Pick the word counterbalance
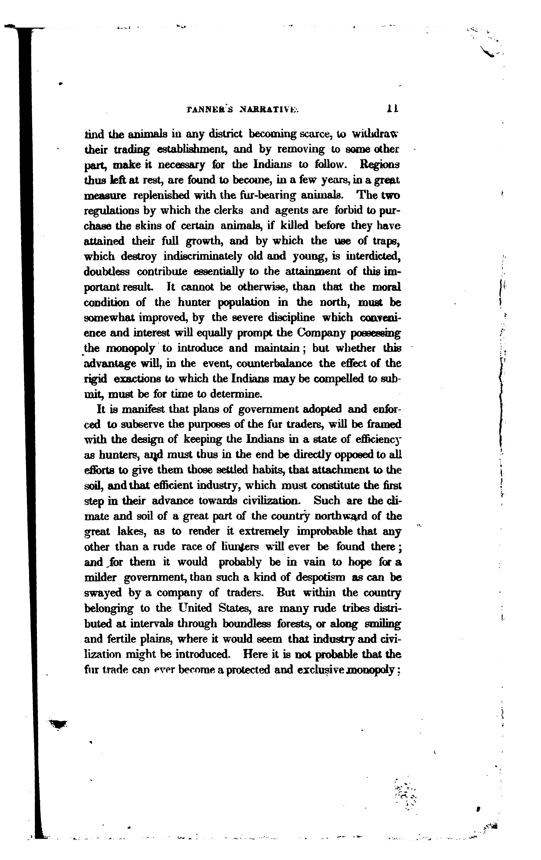click(x=274, y=364)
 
